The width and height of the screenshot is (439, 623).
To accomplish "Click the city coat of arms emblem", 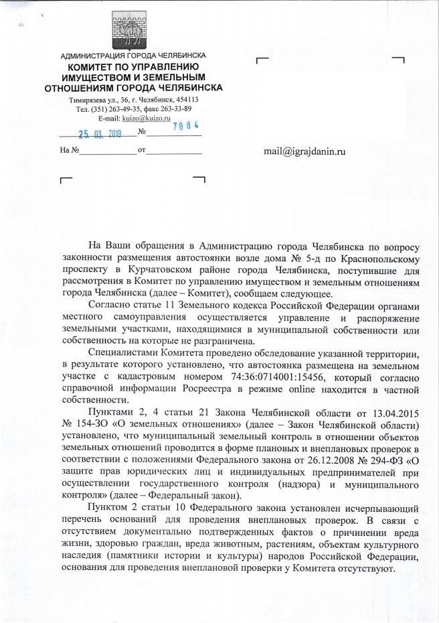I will pyautogui.click(x=133, y=27).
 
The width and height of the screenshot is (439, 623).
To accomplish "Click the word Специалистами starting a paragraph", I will pyautogui.click(x=122, y=352).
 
